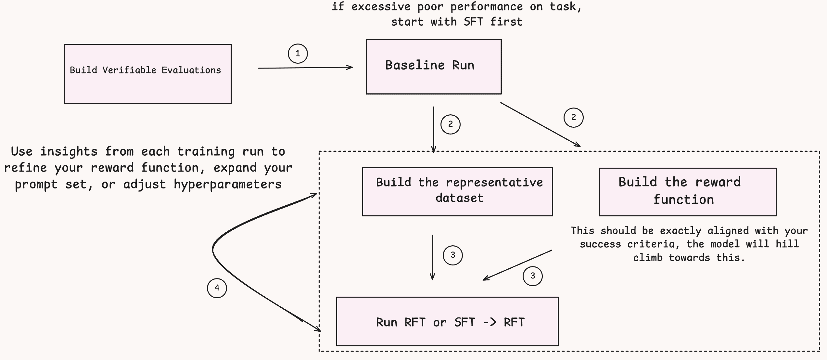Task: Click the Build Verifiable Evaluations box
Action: point(148,74)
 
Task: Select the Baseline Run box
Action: point(434,67)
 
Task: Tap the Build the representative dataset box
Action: point(457,192)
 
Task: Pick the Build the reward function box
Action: point(688,192)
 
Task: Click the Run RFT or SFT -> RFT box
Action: point(447,321)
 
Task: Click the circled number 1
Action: point(298,54)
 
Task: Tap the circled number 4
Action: point(217,288)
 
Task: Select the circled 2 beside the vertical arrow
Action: point(451,124)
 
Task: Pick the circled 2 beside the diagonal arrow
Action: point(573,117)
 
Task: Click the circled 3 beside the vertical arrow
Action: point(453,255)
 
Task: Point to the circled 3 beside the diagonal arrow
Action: point(533,276)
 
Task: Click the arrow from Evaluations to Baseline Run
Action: point(305,68)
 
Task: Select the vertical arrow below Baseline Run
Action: point(434,129)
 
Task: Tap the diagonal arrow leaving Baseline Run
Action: point(540,124)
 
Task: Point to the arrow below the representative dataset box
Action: point(432,257)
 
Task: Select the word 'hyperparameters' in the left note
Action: point(228,185)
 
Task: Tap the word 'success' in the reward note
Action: point(600,244)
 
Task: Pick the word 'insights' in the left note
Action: point(69,152)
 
